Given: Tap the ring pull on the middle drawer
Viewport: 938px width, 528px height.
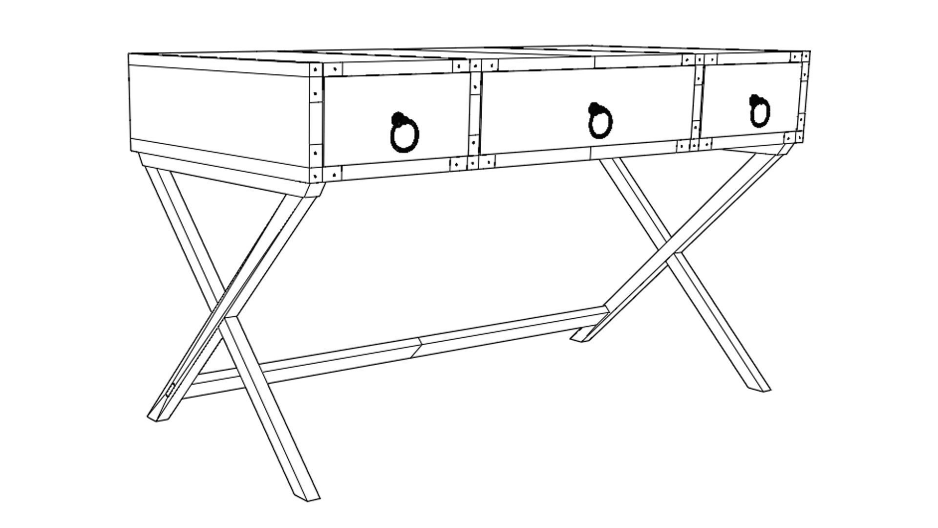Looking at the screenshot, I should [601, 124].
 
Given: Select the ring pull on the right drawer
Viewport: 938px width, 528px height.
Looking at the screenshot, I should [760, 113].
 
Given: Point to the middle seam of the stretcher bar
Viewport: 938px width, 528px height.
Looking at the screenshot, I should [419, 347].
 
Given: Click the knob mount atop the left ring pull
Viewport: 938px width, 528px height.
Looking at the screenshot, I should [398, 118].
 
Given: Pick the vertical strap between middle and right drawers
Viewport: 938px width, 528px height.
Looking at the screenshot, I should [698, 103].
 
